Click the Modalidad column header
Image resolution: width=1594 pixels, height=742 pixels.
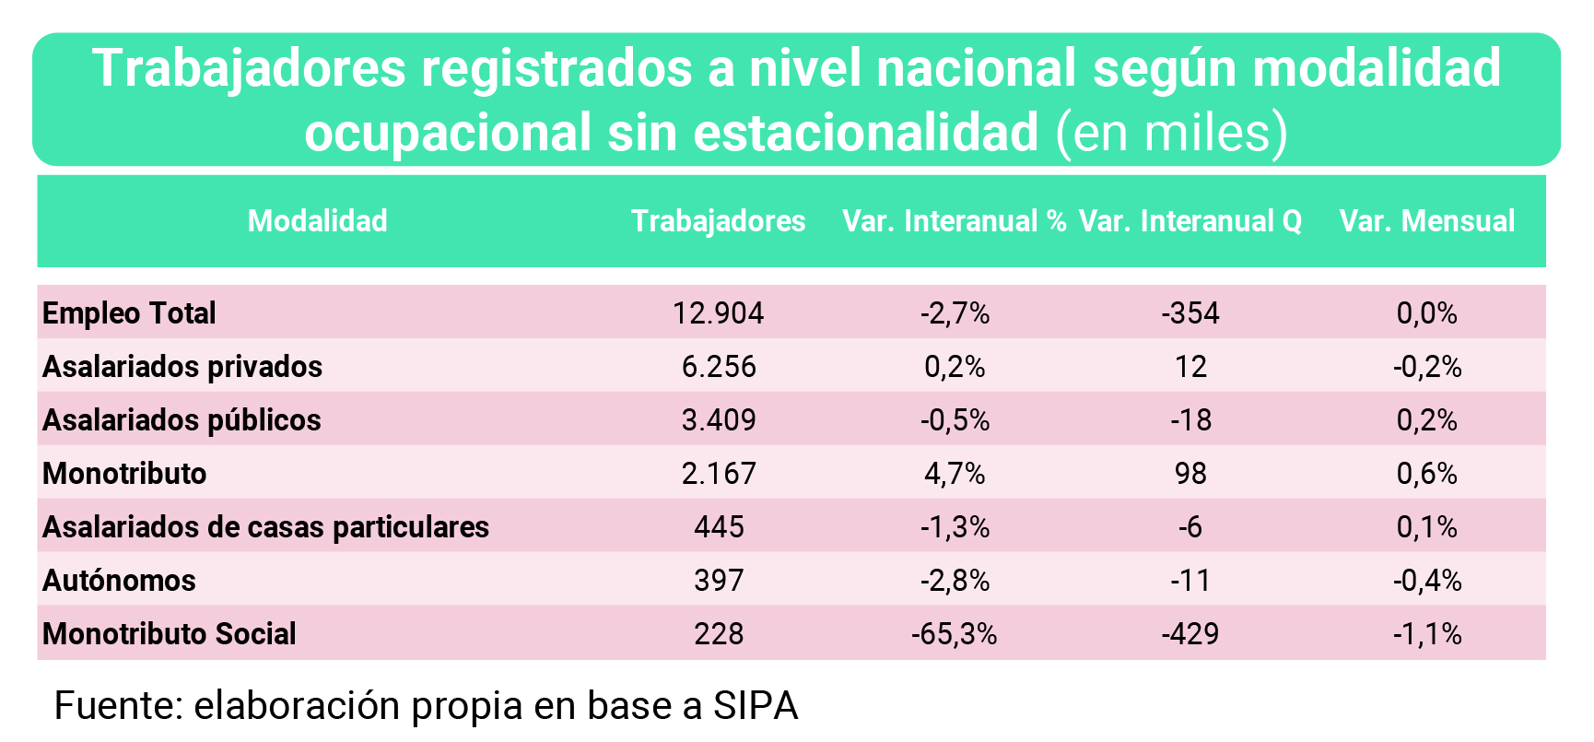coord(318,221)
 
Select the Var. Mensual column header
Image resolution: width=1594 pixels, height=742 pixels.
coord(1426,221)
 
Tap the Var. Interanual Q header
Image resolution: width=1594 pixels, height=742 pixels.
coord(1190,221)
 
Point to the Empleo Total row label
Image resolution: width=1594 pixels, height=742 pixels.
coord(129,313)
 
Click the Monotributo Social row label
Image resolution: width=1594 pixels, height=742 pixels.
coord(170,634)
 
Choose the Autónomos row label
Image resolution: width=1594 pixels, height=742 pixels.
coord(119,581)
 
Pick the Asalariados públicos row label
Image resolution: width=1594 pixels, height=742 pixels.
coord(182,420)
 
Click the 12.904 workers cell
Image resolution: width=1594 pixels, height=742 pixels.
coord(718,313)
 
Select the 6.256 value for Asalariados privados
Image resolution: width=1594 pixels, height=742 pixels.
coord(718,367)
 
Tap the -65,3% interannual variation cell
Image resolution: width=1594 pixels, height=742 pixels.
coord(955,634)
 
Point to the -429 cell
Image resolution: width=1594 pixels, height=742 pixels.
coord(1190,634)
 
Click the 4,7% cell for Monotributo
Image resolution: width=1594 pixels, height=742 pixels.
coord(955,474)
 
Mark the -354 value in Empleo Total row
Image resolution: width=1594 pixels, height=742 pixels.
coord(1190,313)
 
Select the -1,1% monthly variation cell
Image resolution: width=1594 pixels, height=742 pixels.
coord(1426,634)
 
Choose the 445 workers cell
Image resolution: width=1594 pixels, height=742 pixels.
coord(718,527)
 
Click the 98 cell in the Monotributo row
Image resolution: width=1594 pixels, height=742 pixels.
coord(1190,474)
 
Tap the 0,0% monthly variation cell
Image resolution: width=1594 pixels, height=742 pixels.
coord(1426,313)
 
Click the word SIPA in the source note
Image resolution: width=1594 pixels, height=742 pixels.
coord(756,706)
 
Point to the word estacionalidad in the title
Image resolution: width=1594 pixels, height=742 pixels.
coord(866,133)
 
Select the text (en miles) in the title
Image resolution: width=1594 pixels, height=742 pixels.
coord(1172,133)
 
